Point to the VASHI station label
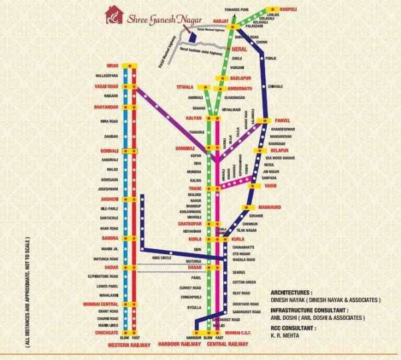270,186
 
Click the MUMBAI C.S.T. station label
239,332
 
